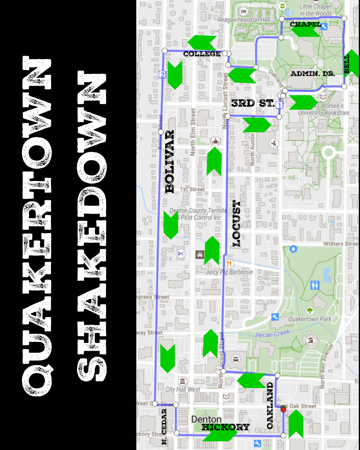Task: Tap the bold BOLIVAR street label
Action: [x=170, y=162]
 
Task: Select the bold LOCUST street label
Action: [x=236, y=223]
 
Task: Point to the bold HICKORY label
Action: [x=226, y=427]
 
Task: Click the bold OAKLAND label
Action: [x=270, y=405]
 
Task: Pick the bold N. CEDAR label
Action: [x=164, y=427]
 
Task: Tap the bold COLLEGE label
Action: [x=202, y=54]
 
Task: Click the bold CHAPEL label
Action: [x=305, y=24]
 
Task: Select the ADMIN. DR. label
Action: [x=313, y=74]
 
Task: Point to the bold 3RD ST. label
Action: [x=253, y=103]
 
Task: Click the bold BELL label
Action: [x=347, y=64]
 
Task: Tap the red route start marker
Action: [x=283, y=409]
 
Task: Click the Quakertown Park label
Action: [x=310, y=319]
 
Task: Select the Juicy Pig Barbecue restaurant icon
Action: [x=229, y=264]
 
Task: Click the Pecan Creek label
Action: [x=273, y=334]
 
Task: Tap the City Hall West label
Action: [x=183, y=389]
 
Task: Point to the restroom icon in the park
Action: [x=315, y=285]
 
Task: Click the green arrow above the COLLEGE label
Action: [x=202, y=42]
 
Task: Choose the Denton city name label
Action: [x=206, y=419]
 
